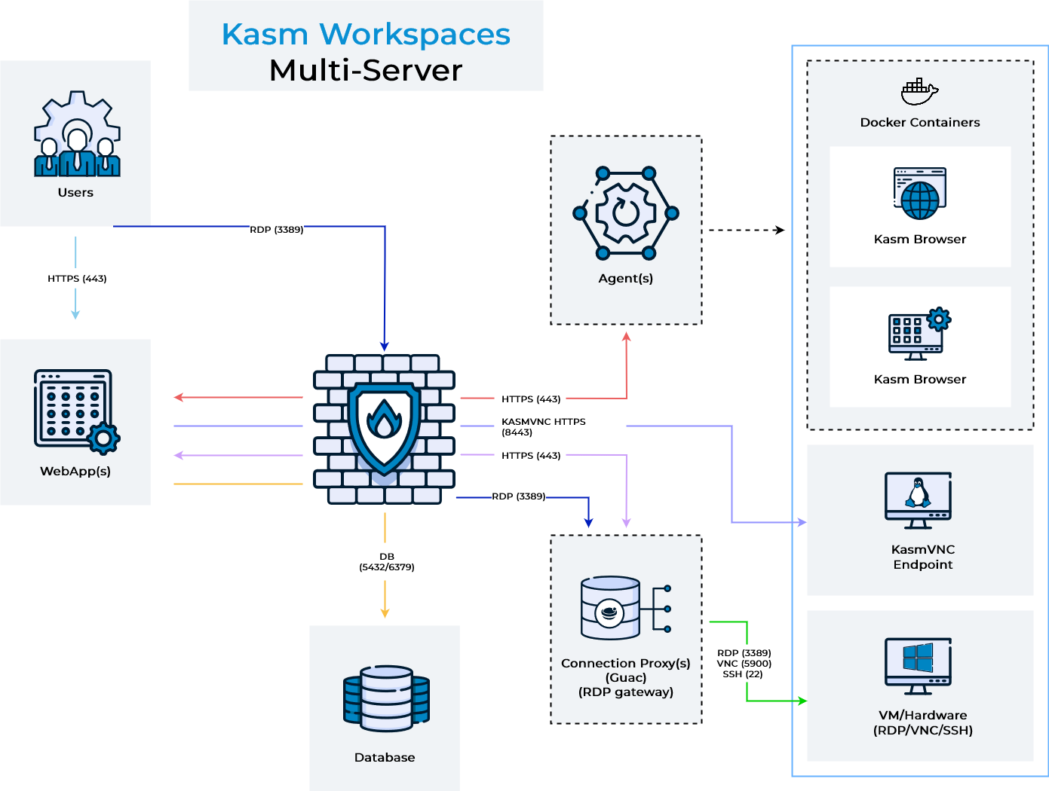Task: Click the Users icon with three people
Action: [76, 136]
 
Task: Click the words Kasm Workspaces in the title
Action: [366, 35]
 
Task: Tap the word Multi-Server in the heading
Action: [366, 71]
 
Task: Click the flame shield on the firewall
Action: [385, 425]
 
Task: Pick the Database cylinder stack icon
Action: [385, 698]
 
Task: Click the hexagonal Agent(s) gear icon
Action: [626, 213]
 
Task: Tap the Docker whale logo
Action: [919, 92]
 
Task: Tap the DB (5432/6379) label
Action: [386, 562]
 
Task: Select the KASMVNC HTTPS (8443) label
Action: [543, 427]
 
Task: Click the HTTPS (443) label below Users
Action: [77, 279]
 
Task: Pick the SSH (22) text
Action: [743, 674]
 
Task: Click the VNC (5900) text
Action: [744, 664]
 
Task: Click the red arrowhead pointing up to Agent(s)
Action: [626, 337]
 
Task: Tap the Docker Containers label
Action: [920, 123]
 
